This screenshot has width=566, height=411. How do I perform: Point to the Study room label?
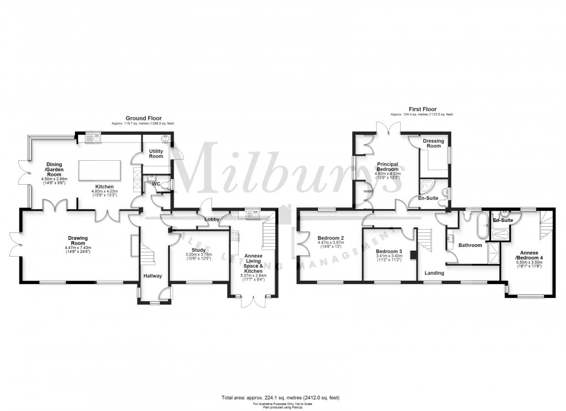pyautogui.click(x=198, y=250)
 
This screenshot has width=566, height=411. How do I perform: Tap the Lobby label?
pyautogui.click(x=212, y=220)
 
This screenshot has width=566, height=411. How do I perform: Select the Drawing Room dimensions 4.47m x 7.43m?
pyautogui.click(x=78, y=250)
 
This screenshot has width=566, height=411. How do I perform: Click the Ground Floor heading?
pyautogui.click(x=143, y=118)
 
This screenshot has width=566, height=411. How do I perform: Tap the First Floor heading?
pyautogui.click(x=422, y=109)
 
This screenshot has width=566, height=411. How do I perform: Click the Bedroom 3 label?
pyautogui.click(x=389, y=236)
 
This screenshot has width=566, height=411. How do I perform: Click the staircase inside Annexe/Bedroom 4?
pyautogui.click(x=544, y=222)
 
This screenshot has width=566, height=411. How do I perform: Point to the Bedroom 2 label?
pyautogui.click(x=330, y=237)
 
